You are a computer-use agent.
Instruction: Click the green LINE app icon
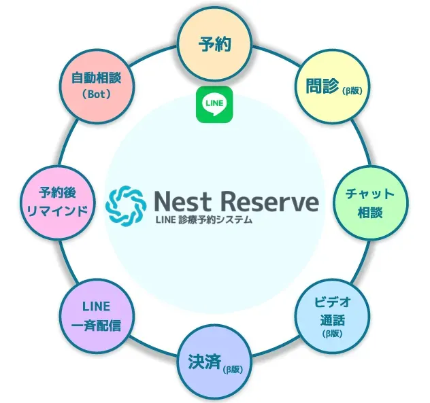point(214,105)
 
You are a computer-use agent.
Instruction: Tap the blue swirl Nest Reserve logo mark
point(126,204)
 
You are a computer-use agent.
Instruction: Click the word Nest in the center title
point(182,200)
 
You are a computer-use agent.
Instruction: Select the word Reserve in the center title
point(269,200)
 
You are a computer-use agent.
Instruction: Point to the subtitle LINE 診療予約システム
point(203,220)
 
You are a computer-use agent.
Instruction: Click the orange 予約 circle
point(214,45)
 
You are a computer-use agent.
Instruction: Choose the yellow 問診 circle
point(333,86)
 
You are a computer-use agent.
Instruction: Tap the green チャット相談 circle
point(371,203)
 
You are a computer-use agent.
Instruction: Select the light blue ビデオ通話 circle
point(333,317)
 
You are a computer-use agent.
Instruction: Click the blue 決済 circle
point(214,364)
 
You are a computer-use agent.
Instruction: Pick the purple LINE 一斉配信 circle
point(97,317)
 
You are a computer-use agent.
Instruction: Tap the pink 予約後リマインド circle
point(59,203)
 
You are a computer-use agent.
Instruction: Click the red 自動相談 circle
point(97,86)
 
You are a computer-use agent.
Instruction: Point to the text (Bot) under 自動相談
point(97,94)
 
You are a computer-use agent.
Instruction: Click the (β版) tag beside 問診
point(352,90)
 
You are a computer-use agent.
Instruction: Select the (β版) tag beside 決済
point(233,370)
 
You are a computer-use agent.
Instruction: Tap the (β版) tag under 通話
point(333,334)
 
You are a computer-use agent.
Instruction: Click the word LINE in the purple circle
point(96,306)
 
